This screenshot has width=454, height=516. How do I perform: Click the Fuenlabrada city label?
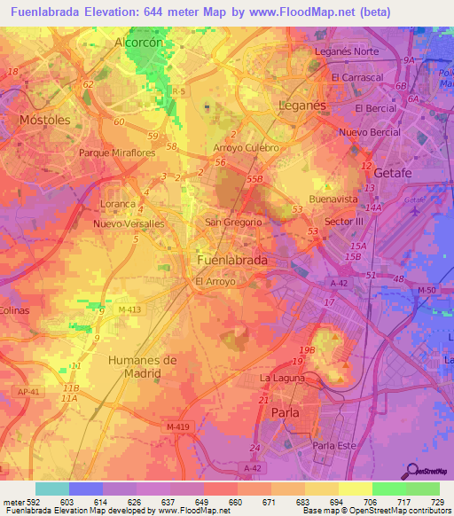(231, 262)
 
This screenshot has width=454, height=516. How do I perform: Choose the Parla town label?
(285, 412)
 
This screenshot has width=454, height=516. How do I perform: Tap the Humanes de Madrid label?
(142, 366)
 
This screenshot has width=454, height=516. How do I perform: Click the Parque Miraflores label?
(117, 152)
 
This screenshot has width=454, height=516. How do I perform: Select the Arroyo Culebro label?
(247, 147)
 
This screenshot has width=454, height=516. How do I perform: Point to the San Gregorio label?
(233, 222)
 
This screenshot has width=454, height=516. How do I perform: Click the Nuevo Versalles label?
(129, 224)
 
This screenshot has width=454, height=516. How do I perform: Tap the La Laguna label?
(282, 378)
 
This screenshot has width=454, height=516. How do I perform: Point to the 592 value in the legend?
(27, 501)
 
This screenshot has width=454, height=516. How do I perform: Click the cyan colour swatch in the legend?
(52, 489)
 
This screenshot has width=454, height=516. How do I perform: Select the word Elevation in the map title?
(125, 13)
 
